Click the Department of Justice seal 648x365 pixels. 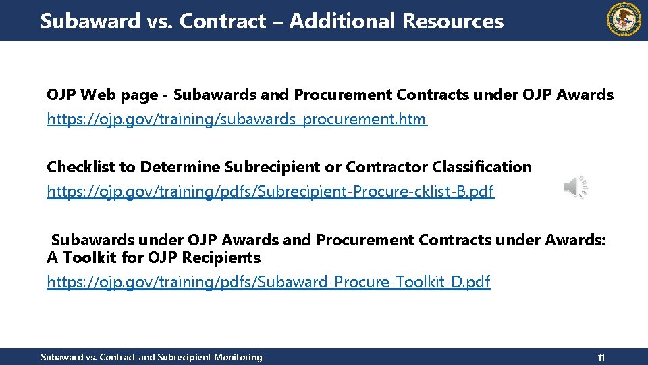point(624,20)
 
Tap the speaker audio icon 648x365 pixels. point(575,187)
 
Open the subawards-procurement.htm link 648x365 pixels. point(236,120)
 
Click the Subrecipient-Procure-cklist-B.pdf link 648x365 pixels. point(270,191)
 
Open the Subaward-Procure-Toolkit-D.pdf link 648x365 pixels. point(268,281)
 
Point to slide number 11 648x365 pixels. point(601,357)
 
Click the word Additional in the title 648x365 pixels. point(342,21)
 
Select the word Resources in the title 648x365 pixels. point(453,21)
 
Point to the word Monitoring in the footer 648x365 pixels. point(237,357)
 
